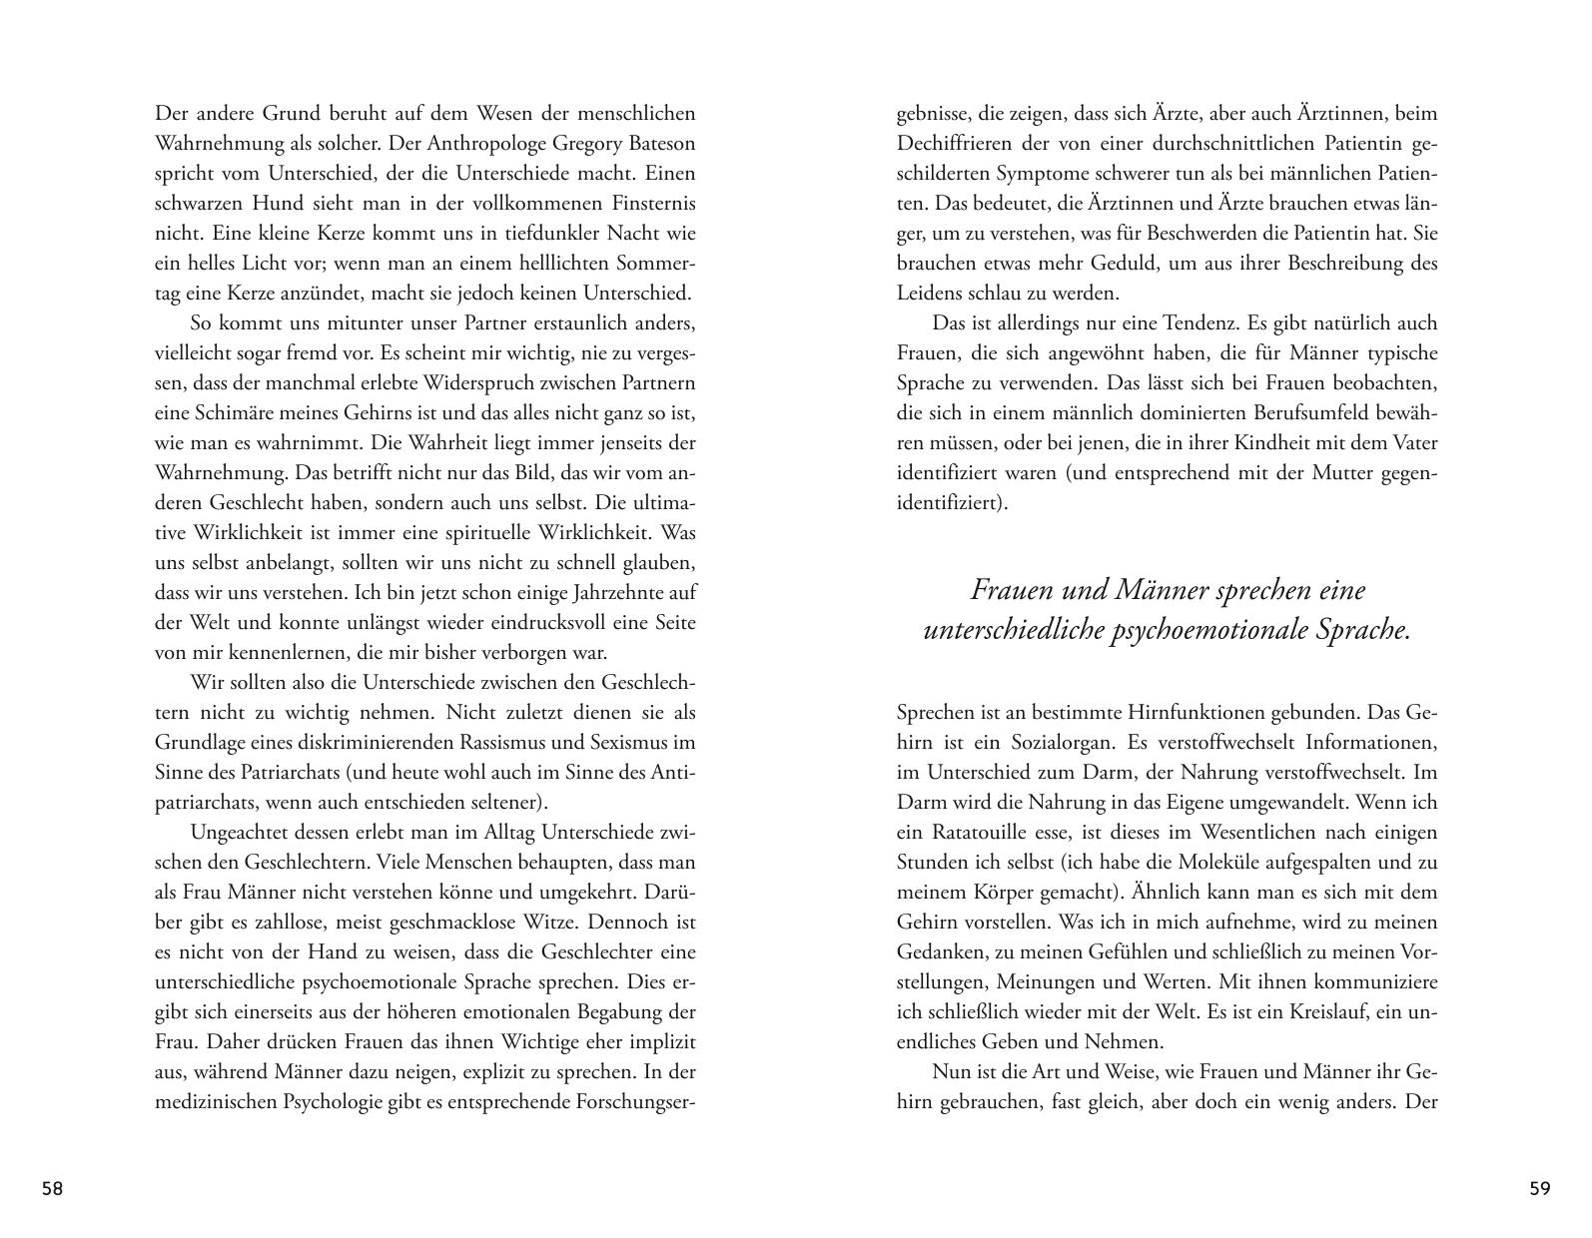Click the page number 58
(x=52, y=1188)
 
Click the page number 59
(x=1539, y=1188)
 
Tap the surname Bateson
(x=655, y=143)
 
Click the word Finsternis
(x=647, y=203)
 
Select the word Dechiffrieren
(x=957, y=143)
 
